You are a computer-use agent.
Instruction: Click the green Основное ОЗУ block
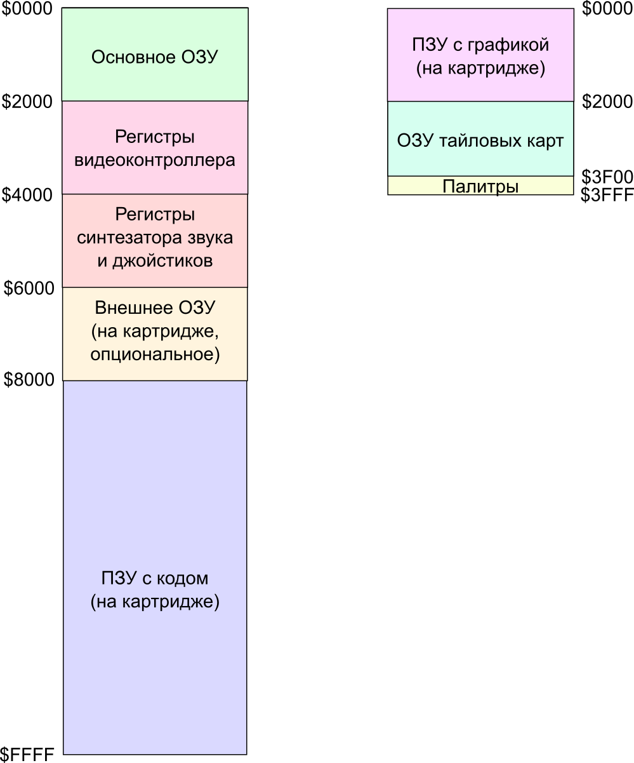154,55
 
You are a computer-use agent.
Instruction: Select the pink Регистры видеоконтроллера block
154,147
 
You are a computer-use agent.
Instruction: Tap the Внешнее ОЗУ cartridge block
154,334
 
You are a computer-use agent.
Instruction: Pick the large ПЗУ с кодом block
154,567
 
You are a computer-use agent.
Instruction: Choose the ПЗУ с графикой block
480,55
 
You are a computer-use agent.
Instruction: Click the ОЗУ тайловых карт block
480,139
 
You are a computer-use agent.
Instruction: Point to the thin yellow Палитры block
480,186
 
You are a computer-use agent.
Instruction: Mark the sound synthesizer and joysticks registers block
154,241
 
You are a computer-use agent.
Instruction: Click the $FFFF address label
28,755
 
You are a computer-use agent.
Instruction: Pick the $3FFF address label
607,194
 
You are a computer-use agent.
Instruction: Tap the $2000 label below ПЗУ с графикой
607,102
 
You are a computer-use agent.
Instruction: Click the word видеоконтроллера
154,159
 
